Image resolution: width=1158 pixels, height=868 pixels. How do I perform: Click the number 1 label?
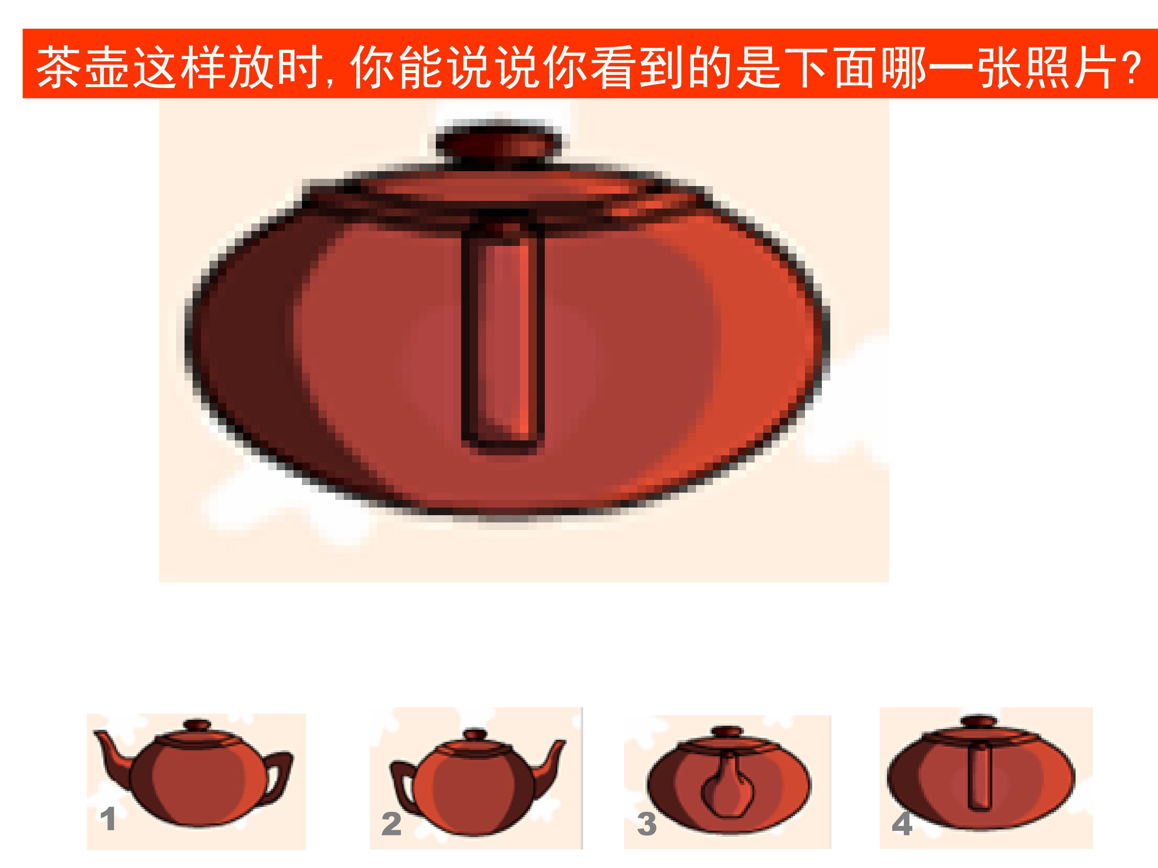point(108,819)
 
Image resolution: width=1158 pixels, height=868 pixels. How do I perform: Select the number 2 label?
point(391,824)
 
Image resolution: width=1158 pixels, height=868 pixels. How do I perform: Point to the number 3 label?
point(647,824)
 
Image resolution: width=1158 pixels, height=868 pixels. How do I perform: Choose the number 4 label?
point(902,824)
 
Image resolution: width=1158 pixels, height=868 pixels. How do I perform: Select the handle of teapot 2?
point(402,785)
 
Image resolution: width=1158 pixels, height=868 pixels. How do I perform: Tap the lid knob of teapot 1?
point(196,726)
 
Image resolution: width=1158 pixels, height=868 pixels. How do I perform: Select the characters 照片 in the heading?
point(1068,68)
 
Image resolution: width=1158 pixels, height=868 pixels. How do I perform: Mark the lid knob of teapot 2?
point(474,734)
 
